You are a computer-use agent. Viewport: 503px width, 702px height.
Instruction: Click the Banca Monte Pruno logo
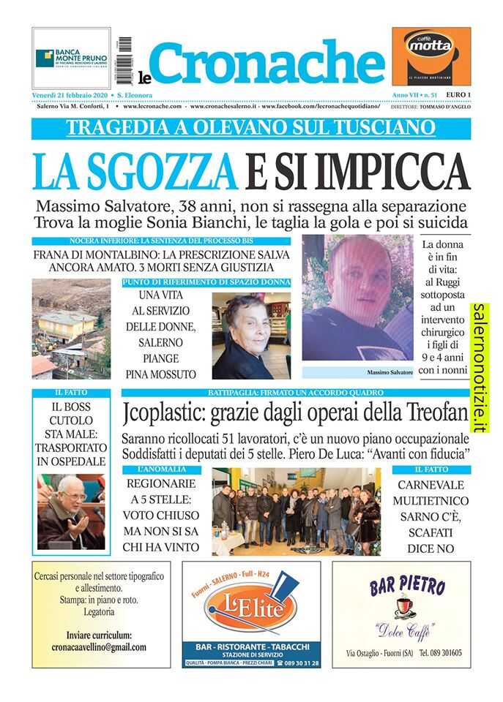[71, 57]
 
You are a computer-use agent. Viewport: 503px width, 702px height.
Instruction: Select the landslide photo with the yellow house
[70, 328]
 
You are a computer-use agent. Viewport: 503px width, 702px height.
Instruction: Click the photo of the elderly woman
[251, 336]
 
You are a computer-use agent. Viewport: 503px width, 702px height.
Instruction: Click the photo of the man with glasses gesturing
[70, 511]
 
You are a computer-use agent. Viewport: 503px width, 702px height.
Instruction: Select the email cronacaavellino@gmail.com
[99, 647]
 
